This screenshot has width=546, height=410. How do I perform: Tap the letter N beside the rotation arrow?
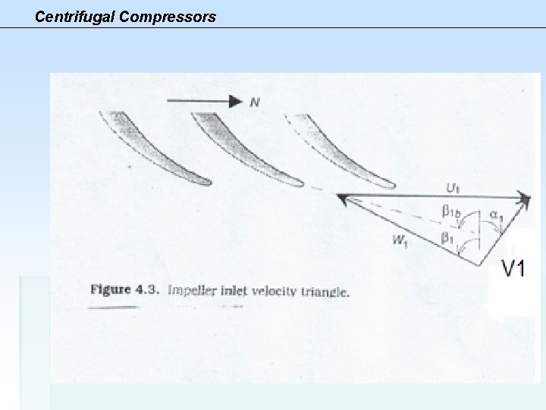pos(255,100)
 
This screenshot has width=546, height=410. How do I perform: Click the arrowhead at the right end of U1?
pos(526,197)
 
